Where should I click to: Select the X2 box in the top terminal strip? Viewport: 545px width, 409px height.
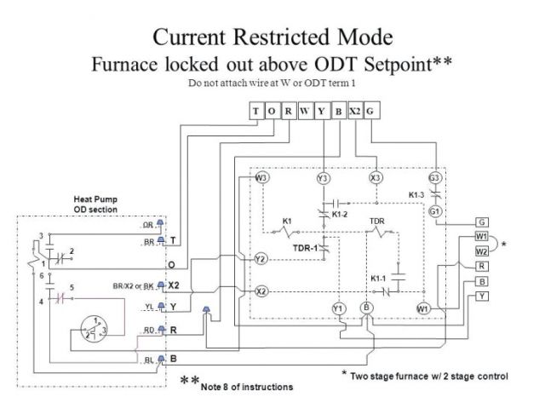[354, 111]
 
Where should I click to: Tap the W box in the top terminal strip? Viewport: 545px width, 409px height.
[305, 111]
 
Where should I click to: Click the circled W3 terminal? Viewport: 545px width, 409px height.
[262, 178]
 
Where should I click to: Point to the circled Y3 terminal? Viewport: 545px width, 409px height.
[323, 178]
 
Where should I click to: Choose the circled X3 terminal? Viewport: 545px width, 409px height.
[376, 178]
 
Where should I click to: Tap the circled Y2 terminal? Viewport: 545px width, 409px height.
[261, 258]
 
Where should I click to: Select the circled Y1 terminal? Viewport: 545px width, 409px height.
[338, 308]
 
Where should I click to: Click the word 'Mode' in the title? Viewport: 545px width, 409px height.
[364, 37]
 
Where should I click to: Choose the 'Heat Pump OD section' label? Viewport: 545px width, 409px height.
[95, 204]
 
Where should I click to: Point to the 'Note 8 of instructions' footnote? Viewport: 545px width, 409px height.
[246, 387]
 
